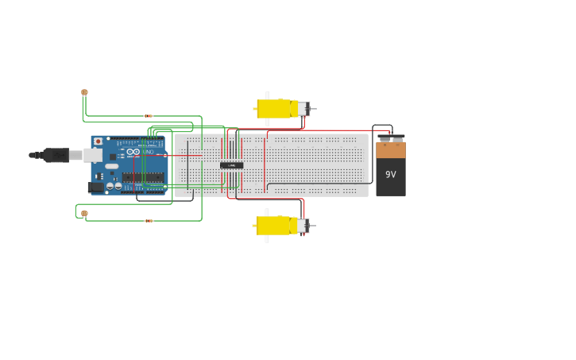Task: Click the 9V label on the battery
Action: coord(390,174)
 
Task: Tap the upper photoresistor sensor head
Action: coord(84,92)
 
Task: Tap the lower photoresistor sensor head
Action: coord(84,213)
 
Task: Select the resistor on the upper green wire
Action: coord(149,116)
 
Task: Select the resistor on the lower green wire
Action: coord(149,221)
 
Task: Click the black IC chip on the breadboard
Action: coord(231,165)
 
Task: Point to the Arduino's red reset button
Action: coord(98,141)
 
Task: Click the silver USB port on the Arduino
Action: coord(93,155)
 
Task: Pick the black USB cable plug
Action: coord(56,155)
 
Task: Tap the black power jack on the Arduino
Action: coord(95,188)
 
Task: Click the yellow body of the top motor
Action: coord(274,108)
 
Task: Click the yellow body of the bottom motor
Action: coord(273,225)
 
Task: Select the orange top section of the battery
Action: coord(390,149)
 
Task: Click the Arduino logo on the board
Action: coord(133,152)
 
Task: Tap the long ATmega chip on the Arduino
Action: coord(143,177)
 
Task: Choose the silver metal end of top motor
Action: coord(303,109)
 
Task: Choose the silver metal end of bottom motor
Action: coord(303,226)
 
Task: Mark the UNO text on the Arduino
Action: coord(148,151)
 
